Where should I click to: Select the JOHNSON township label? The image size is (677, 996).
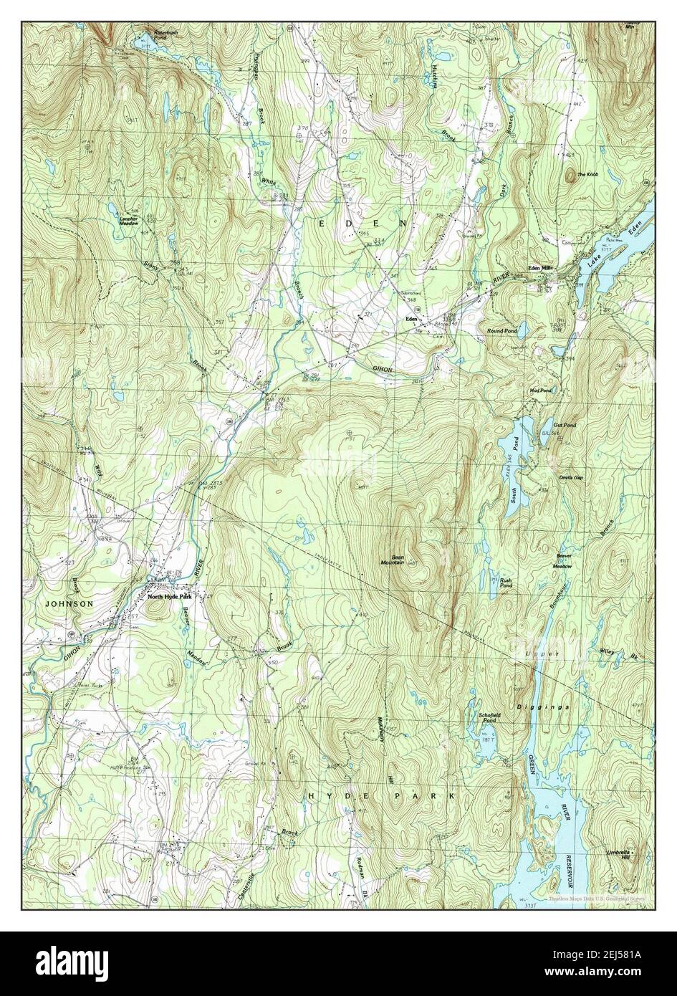pyautogui.click(x=69, y=604)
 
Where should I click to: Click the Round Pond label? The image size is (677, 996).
pyautogui.click(x=501, y=331)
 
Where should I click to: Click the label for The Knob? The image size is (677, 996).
pyautogui.click(x=587, y=175)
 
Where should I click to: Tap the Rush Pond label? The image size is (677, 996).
pyautogui.click(x=506, y=583)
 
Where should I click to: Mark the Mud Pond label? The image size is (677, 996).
pyautogui.click(x=541, y=391)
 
